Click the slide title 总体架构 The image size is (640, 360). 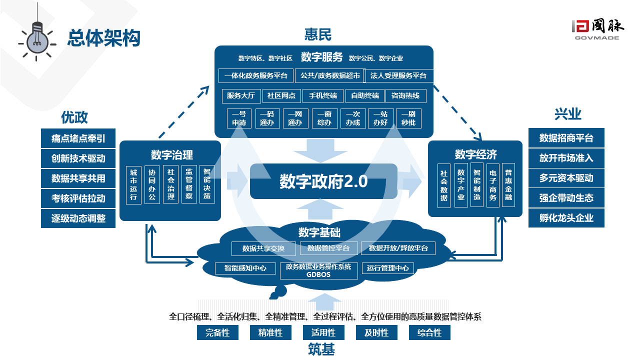click(104, 38)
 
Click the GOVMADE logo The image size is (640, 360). click(596, 29)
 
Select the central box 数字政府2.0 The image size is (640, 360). click(323, 181)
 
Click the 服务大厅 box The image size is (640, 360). click(240, 95)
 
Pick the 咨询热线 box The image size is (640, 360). click(405, 95)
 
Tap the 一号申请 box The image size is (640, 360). click(239, 118)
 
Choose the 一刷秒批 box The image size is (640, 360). click(408, 118)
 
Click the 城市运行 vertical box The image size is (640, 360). click(133, 184)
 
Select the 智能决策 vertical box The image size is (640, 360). click(206, 184)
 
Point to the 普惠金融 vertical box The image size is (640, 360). click(508, 184)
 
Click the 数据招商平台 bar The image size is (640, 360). click(566, 138)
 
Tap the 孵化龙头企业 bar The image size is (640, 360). click(566, 218)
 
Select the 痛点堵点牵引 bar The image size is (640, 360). click(78, 138)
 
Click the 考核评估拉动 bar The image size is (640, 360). click(78, 198)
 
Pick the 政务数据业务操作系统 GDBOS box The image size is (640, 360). click(318, 270)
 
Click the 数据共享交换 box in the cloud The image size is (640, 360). click(263, 248)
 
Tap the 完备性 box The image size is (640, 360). click(217, 332)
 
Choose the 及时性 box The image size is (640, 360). click(376, 332)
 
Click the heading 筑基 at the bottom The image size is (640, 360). click(321, 349)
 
